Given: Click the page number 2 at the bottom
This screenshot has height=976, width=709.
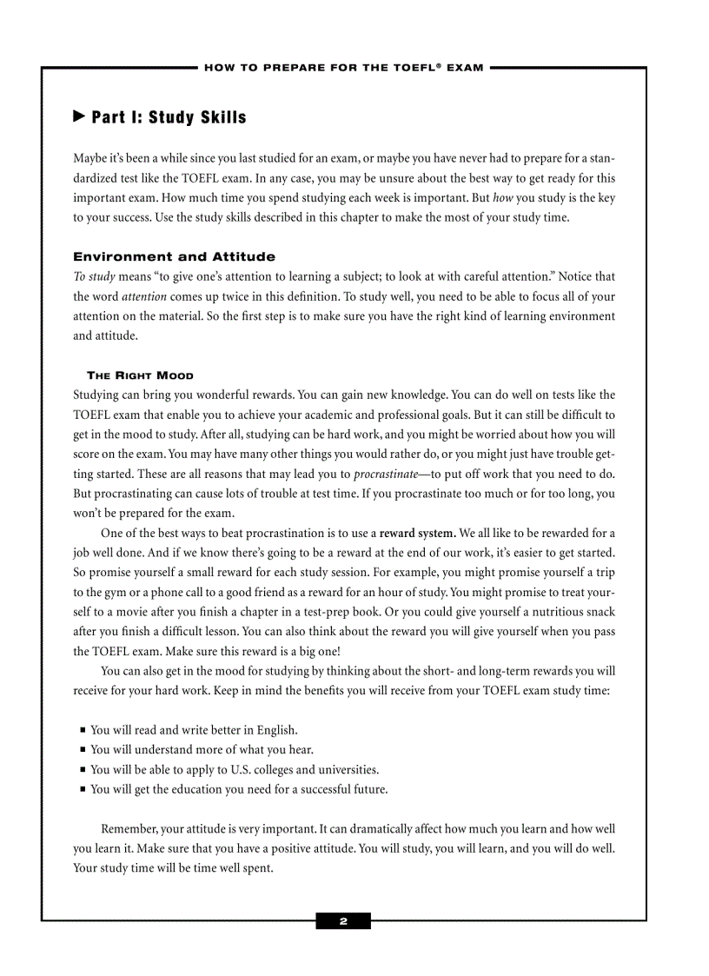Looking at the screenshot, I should [343, 921].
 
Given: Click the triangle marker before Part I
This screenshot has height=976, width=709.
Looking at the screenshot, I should [79, 116].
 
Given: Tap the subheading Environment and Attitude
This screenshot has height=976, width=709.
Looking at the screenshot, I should [174, 256].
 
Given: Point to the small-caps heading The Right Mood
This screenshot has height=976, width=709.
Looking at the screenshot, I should [140, 375].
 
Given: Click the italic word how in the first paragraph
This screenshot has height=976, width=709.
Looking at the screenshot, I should [502, 197].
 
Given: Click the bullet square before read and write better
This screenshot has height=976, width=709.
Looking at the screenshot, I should [82, 730].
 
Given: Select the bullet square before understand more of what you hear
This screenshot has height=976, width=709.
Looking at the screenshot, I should [82, 750].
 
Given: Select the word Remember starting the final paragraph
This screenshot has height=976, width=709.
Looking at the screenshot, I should [129, 829].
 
